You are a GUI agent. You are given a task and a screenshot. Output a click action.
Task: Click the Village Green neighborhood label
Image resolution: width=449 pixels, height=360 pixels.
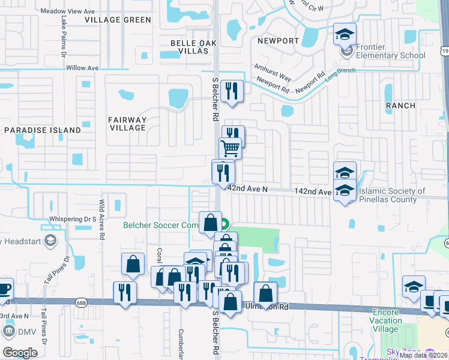(118, 20)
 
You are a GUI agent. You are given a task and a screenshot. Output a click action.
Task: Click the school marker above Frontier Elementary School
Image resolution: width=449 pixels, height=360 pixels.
(345, 34)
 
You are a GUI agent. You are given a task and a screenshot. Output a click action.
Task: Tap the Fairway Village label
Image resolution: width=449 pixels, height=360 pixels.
(127, 124)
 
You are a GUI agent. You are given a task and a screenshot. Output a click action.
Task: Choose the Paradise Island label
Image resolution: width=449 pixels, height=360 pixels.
(43, 130)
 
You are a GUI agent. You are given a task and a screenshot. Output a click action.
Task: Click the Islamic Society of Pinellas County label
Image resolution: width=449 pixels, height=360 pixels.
(391, 196)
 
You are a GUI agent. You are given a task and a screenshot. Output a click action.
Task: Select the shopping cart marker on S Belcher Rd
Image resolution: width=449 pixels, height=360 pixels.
(229, 148)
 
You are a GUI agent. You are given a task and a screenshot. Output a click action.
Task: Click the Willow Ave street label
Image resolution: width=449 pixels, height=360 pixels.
(82, 68)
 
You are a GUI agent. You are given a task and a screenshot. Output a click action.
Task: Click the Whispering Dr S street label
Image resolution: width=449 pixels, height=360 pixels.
(73, 219)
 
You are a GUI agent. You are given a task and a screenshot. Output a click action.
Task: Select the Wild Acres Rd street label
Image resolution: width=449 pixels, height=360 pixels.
(102, 220)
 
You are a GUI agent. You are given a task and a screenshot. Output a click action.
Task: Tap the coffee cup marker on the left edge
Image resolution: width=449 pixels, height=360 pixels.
(4, 289)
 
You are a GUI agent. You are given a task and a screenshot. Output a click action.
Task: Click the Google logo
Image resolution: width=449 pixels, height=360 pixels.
(20, 352)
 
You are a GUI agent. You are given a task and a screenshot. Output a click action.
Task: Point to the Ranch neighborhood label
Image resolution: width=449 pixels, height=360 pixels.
(400, 106)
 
